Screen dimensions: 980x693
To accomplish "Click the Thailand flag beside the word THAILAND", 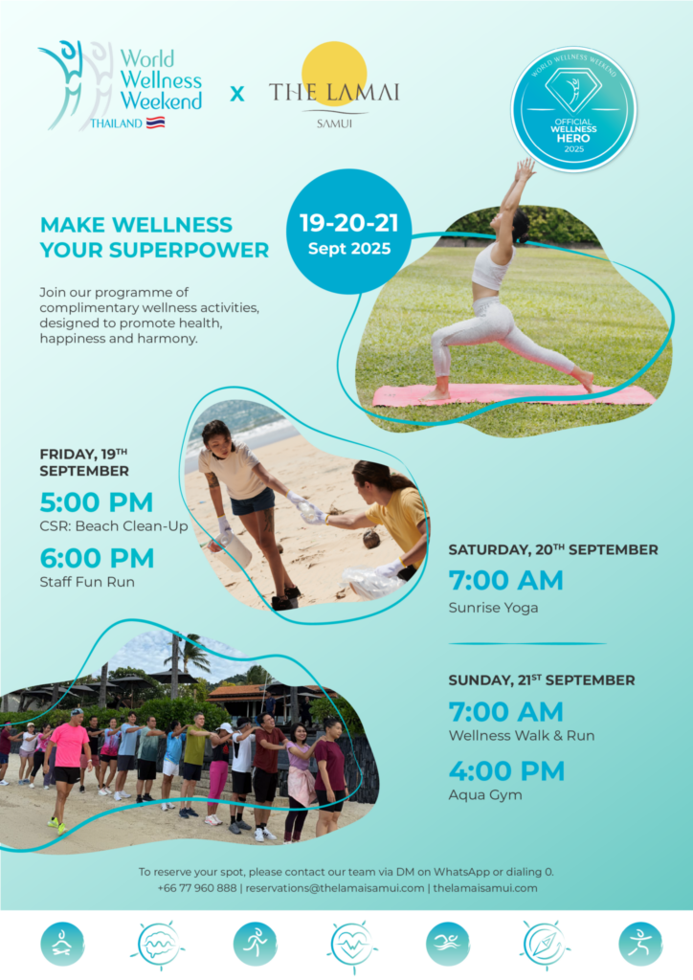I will [155, 122].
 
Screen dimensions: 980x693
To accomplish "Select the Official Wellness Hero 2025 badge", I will [573, 109].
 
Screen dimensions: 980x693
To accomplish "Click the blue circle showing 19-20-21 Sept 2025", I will [348, 233].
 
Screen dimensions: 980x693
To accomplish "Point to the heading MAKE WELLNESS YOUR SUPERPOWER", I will [154, 237].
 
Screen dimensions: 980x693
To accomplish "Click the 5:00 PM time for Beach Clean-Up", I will [96, 502].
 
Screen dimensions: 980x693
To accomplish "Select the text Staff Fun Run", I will [87, 582].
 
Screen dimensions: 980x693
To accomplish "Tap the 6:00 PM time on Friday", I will [97, 558].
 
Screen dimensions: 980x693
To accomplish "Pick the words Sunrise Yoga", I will [493, 608].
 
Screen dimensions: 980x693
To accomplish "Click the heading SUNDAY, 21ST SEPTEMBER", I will [542, 680].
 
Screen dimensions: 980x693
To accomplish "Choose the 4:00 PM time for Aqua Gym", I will [506, 771].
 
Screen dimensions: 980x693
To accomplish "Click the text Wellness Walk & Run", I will [522, 736].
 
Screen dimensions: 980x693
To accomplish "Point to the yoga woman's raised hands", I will [525, 169].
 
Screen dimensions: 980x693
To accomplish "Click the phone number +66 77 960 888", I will [197, 888].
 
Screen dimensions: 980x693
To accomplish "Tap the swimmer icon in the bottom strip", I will [448, 944].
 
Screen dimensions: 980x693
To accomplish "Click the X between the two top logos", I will [237, 94].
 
